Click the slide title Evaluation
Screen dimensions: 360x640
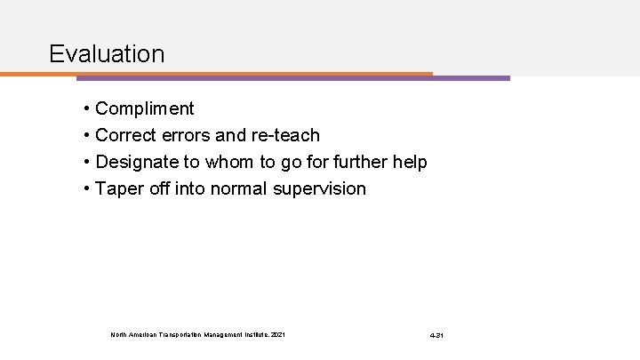click(x=107, y=53)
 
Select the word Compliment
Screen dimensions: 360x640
click(x=144, y=109)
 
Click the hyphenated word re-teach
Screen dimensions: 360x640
click(x=285, y=136)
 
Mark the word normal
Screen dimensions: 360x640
click(x=240, y=189)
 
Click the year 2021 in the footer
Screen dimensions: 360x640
click(x=278, y=335)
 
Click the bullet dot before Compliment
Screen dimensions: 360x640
click(x=88, y=109)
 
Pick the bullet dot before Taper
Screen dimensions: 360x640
click(x=88, y=189)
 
